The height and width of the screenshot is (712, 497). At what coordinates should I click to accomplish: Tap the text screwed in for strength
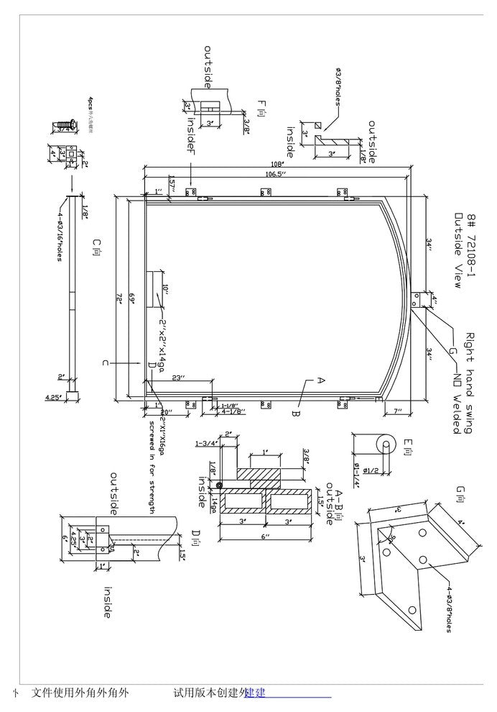coord(152,467)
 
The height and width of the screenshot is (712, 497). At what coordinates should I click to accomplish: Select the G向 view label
coord(460,494)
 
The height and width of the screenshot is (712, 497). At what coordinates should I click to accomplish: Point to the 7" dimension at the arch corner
coord(397,411)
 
